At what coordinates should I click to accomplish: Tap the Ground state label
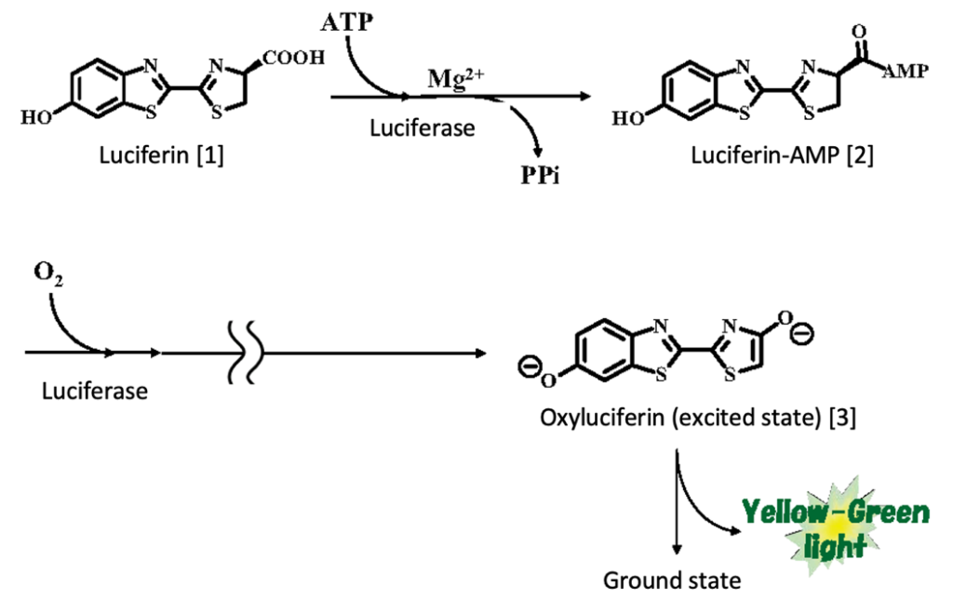point(672,581)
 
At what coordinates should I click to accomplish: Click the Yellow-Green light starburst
point(835,528)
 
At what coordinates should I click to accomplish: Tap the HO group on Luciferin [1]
point(36,117)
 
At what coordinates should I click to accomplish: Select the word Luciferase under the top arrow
point(423,128)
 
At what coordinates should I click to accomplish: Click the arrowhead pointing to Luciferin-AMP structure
point(588,96)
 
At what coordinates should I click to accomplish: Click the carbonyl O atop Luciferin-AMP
point(858,29)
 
